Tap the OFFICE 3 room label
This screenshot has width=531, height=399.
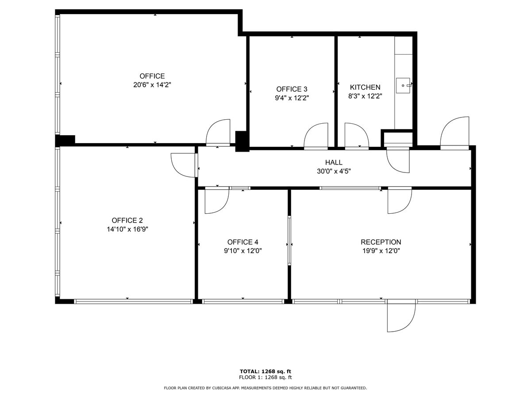[x=292, y=89]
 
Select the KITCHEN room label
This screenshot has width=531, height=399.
[x=365, y=87]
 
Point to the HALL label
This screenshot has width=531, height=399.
[x=334, y=163]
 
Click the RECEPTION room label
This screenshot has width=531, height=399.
[x=381, y=242]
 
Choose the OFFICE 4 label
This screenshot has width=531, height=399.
[x=242, y=242]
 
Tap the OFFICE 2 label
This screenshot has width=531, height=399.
[x=127, y=220]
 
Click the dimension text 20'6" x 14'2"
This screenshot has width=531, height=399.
[x=152, y=85]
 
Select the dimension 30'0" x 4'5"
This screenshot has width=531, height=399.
[x=334, y=171]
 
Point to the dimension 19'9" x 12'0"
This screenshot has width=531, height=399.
[x=381, y=250]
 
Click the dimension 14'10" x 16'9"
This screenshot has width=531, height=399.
[x=127, y=229]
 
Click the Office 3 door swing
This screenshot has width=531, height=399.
[x=316, y=135]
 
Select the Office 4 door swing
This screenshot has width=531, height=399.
[x=216, y=200]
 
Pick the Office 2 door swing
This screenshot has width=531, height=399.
[x=183, y=164]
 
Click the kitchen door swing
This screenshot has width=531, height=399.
[x=356, y=135]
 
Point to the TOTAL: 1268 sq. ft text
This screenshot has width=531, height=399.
[x=265, y=372]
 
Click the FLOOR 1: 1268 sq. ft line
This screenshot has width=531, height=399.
[x=265, y=378]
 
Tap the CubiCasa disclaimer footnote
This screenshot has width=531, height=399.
[x=265, y=388]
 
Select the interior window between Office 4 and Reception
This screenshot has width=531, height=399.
[x=289, y=240]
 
